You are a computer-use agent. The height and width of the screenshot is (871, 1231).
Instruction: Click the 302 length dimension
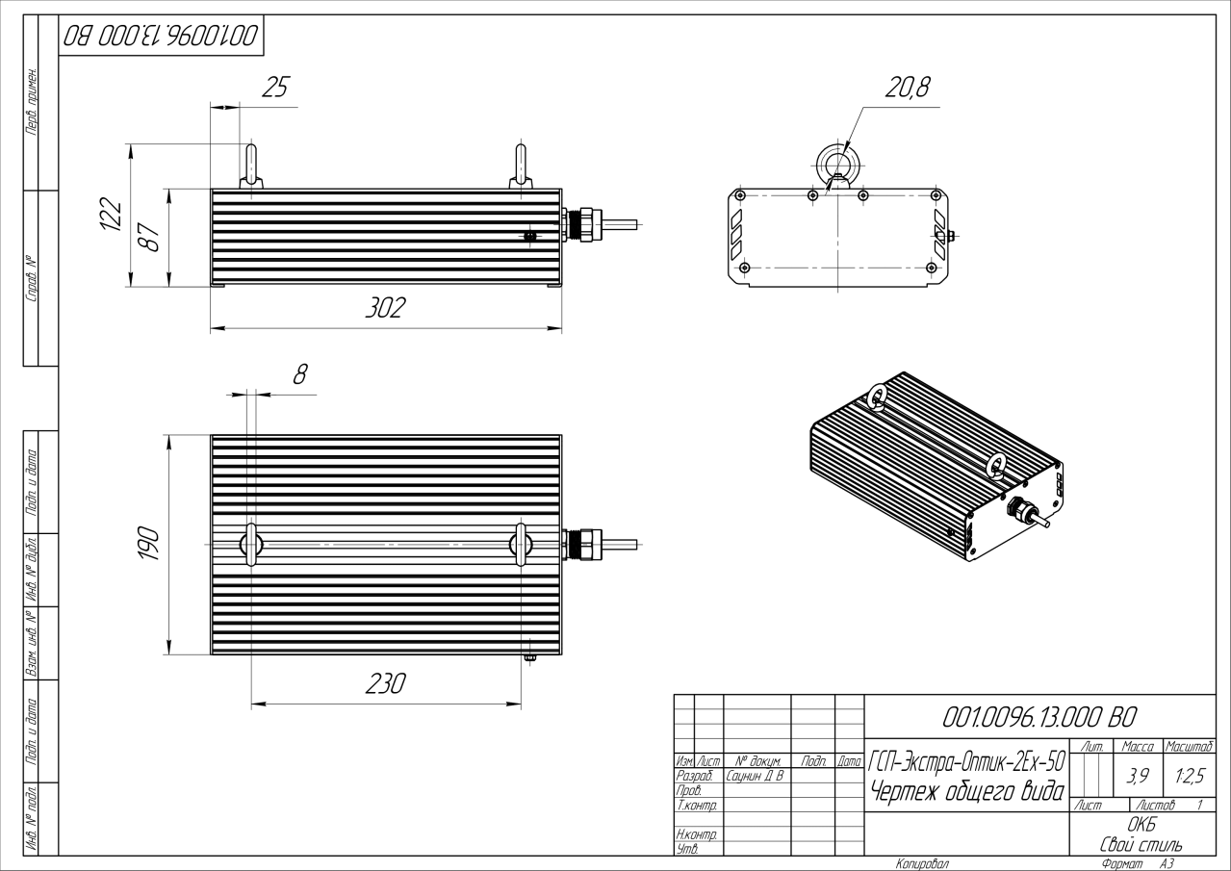point(385,309)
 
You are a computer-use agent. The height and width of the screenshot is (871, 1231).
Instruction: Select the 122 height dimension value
point(113,216)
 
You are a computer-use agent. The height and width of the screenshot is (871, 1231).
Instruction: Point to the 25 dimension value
point(277,89)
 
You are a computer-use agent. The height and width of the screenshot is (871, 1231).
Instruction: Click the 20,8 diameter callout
point(908,88)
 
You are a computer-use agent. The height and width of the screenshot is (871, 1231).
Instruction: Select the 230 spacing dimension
point(385,683)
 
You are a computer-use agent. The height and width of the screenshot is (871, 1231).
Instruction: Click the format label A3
point(1167,863)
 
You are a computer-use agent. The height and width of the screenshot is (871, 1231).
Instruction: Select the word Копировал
point(922,863)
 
